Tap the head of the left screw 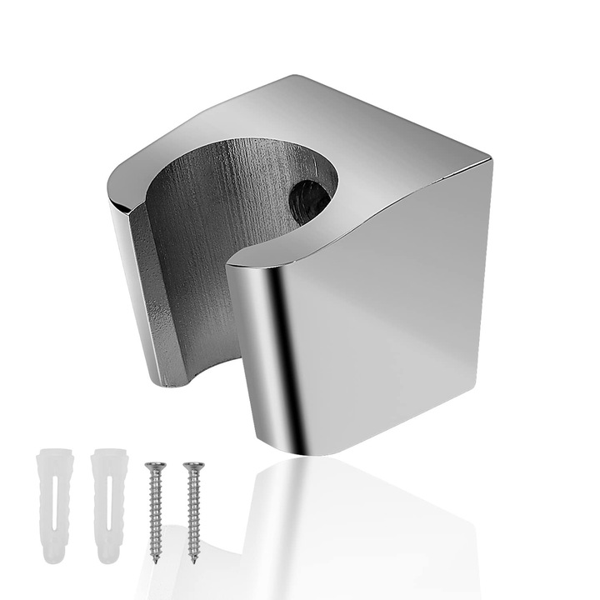tap(152, 465)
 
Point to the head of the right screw tap(192, 465)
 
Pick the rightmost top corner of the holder tap(491, 157)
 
